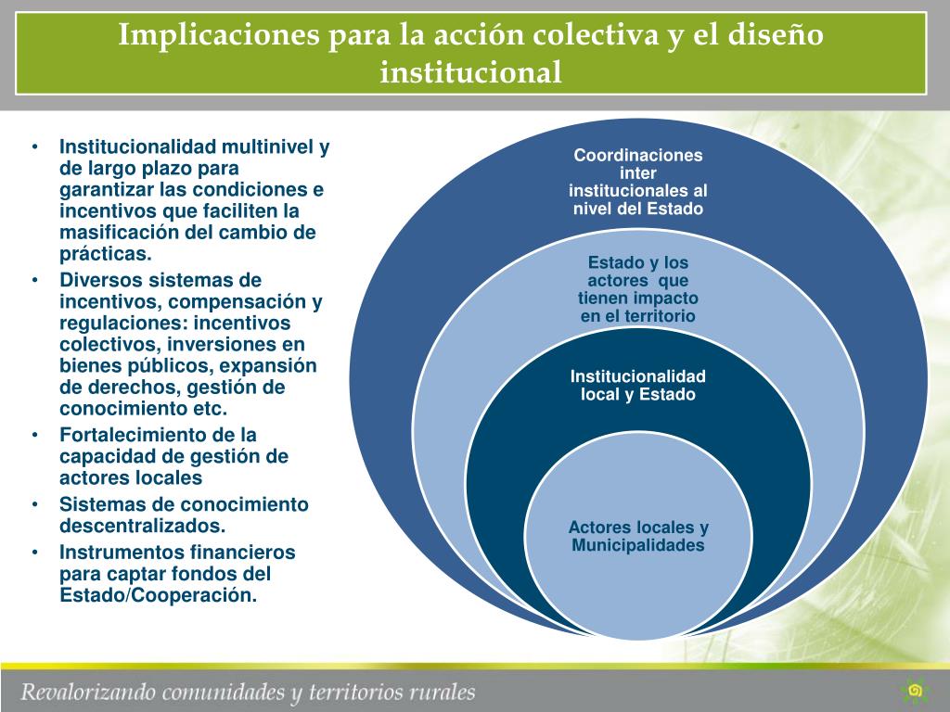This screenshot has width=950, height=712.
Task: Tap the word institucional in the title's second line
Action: coord(471,71)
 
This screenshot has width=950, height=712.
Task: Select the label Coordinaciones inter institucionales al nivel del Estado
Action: coord(638,182)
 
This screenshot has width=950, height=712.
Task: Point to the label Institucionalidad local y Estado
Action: coord(638,385)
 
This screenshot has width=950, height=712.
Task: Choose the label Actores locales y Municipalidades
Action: coord(638,536)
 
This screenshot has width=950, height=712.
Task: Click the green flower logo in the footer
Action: coord(915,690)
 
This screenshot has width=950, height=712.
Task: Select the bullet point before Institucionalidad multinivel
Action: coord(34,147)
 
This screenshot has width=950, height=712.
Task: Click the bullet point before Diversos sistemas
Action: coord(34,281)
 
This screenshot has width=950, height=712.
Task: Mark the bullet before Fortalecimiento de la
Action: coord(34,435)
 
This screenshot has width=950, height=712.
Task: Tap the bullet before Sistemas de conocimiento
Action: coord(34,505)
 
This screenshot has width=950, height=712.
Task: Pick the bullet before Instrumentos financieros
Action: coord(34,553)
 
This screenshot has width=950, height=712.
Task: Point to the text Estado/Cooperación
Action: coord(158,595)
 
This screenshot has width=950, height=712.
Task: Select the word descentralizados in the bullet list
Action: coord(141,526)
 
